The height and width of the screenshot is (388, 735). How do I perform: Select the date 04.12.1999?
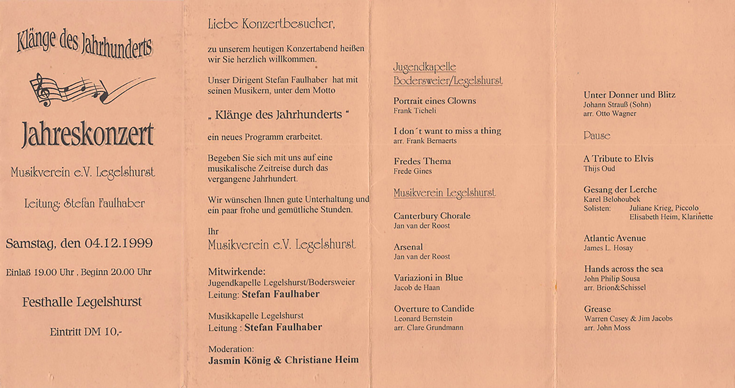point(118,243)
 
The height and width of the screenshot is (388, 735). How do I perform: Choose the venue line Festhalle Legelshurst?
point(82,302)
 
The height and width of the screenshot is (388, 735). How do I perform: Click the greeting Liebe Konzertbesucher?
point(271,24)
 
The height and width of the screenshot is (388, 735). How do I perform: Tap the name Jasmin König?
point(239,360)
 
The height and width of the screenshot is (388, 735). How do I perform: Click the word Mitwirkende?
point(236,271)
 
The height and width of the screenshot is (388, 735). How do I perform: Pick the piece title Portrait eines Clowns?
point(434,101)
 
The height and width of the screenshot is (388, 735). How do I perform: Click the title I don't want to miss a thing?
point(447,131)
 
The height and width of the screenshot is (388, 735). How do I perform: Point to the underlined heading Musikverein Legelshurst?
point(444,193)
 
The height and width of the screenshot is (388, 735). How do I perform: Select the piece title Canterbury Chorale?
point(432,216)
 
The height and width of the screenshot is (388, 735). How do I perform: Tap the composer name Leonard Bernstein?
point(423,318)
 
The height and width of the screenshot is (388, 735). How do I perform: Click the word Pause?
point(597,135)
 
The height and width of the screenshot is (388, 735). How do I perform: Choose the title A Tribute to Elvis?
point(618,159)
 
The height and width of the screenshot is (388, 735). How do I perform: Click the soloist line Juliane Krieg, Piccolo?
point(664,208)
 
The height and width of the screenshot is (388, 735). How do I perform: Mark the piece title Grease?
point(597,309)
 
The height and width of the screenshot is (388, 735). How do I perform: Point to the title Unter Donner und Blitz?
point(629,95)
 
